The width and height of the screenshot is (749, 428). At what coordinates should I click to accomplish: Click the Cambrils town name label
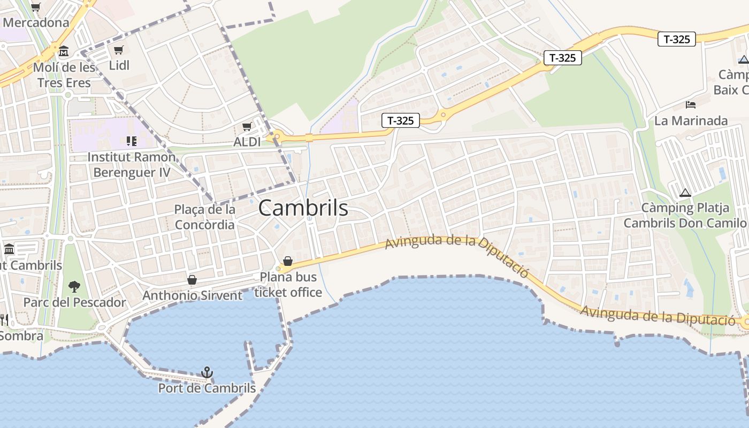click(303, 208)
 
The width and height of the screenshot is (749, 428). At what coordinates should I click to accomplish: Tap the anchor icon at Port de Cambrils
click(207, 372)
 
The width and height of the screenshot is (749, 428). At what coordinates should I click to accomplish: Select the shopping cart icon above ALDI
click(247, 127)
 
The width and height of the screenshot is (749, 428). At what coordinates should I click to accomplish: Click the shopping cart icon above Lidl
click(119, 50)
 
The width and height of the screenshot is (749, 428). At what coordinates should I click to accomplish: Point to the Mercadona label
click(36, 22)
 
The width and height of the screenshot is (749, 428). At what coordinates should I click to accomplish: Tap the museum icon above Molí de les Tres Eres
click(64, 51)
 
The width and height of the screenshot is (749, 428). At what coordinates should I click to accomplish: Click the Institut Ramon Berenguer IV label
click(132, 165)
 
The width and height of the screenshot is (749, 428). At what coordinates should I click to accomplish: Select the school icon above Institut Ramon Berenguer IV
click(132, 141)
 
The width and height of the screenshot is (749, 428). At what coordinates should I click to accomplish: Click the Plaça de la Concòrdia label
click(205, 217)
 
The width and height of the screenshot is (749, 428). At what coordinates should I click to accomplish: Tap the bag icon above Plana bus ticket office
click(288, 261)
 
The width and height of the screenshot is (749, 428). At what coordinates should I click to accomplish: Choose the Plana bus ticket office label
click(288, 285)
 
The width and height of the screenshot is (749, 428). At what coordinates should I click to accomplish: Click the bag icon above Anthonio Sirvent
click(192, 280)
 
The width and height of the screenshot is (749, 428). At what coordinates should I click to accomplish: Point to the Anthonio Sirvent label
click(192, 295)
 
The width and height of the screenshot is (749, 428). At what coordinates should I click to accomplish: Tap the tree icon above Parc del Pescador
click(74, 287)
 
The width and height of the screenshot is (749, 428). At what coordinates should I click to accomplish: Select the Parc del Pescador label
click(74, 302)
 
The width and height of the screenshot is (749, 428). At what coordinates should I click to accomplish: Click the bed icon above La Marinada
click(691, 104)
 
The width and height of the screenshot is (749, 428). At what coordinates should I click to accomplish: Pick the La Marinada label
click(691, 121)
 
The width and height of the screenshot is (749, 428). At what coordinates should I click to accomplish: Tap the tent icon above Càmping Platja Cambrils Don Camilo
click(685, 193)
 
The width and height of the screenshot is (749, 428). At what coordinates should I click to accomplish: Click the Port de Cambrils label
click(207, 388)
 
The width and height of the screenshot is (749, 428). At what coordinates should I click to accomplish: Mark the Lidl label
click(119, 65)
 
